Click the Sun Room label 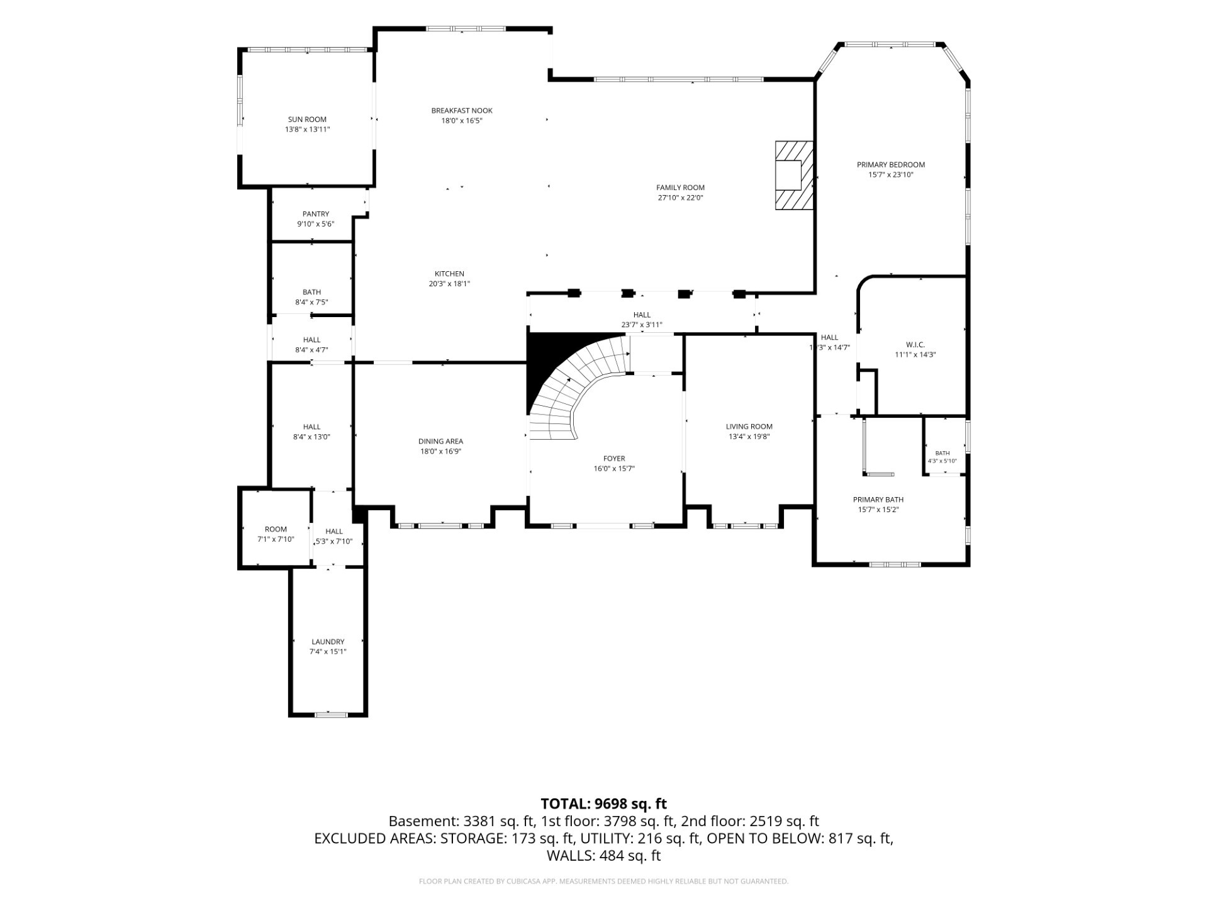pyautogui.click(x=307, y=120)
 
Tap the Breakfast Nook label pyautogui.click(x=462, y=111)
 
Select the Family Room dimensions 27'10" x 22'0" pyautogui.click(x=680, y=198)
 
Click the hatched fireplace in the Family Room pyautogui.click(x=794, y=175)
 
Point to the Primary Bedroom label pyautogui.click(x=891, y=165)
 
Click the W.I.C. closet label pyautogui.click(x=915, y=345)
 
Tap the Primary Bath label pyautogui.click(x=878, y=500)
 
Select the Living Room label pyautogui.click(x=749, y=427)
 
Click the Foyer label pyautogui.click(x=614, y=459)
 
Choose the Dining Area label pyautogui.click(x=440, y=441)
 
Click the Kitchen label pyautogui.click(x=449, y=274)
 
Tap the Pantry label pyautogui.click(x=315, y=214)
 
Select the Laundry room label pyautogui.click(x=328, y=642)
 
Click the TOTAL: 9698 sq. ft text pyautogui.click(x=604, y=803)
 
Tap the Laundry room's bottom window pyautogui.click(x=331, y=714)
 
